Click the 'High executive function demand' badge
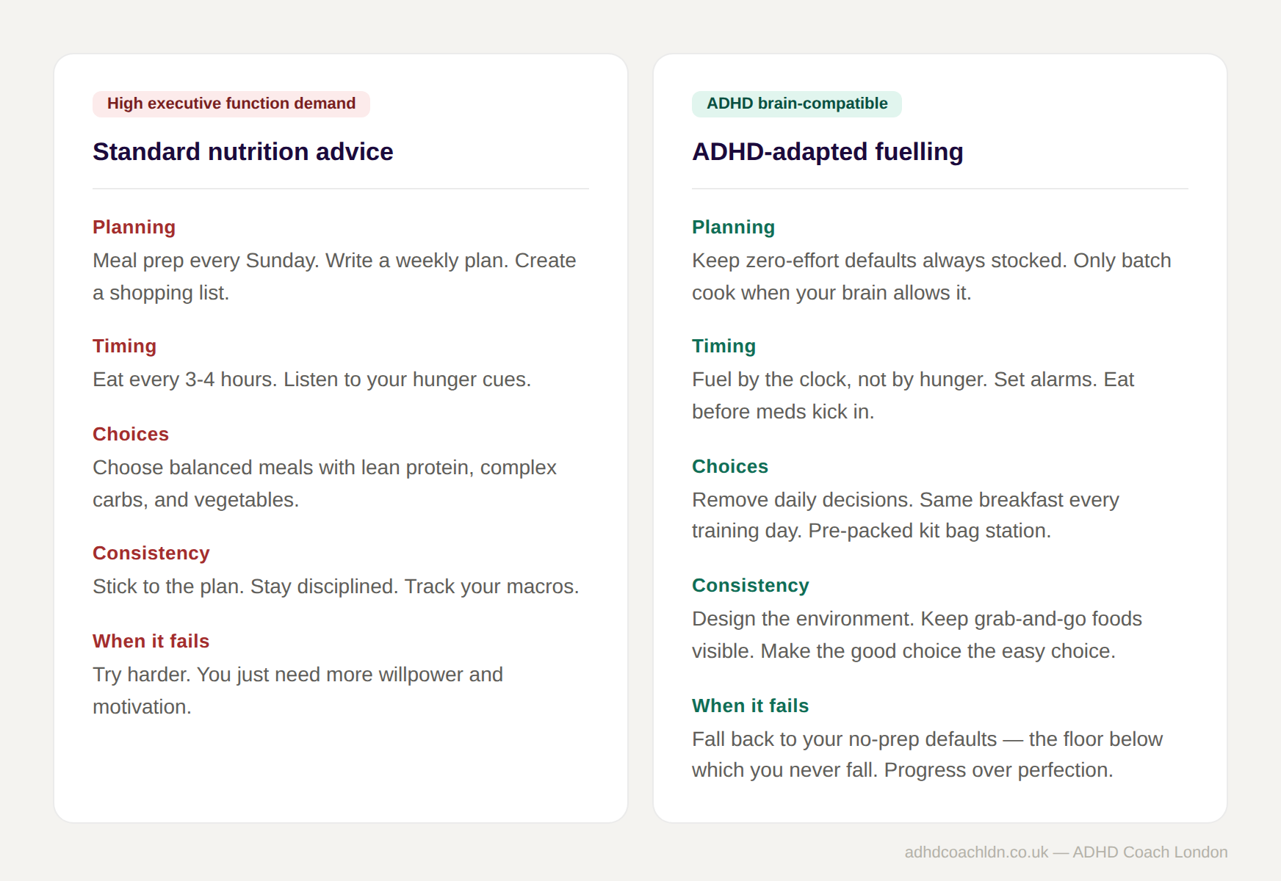pos(231,104)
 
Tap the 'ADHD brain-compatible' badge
pos(796,104)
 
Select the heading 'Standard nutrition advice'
pos(242,152)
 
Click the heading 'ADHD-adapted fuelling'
pos(827,152)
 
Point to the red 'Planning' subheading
pos(134,228)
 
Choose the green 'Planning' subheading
pos(733,228)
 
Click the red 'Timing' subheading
pos(124,347)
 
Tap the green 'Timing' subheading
pos(724,347)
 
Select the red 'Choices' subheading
pos(131,435)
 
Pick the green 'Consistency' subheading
pos(750,586)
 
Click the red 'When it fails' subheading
pos(151,642)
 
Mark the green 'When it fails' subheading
pos(750,706)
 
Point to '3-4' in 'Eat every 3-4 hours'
pos(200,380)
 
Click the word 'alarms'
pos(1062,380)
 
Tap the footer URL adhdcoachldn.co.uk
pos(976,852)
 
